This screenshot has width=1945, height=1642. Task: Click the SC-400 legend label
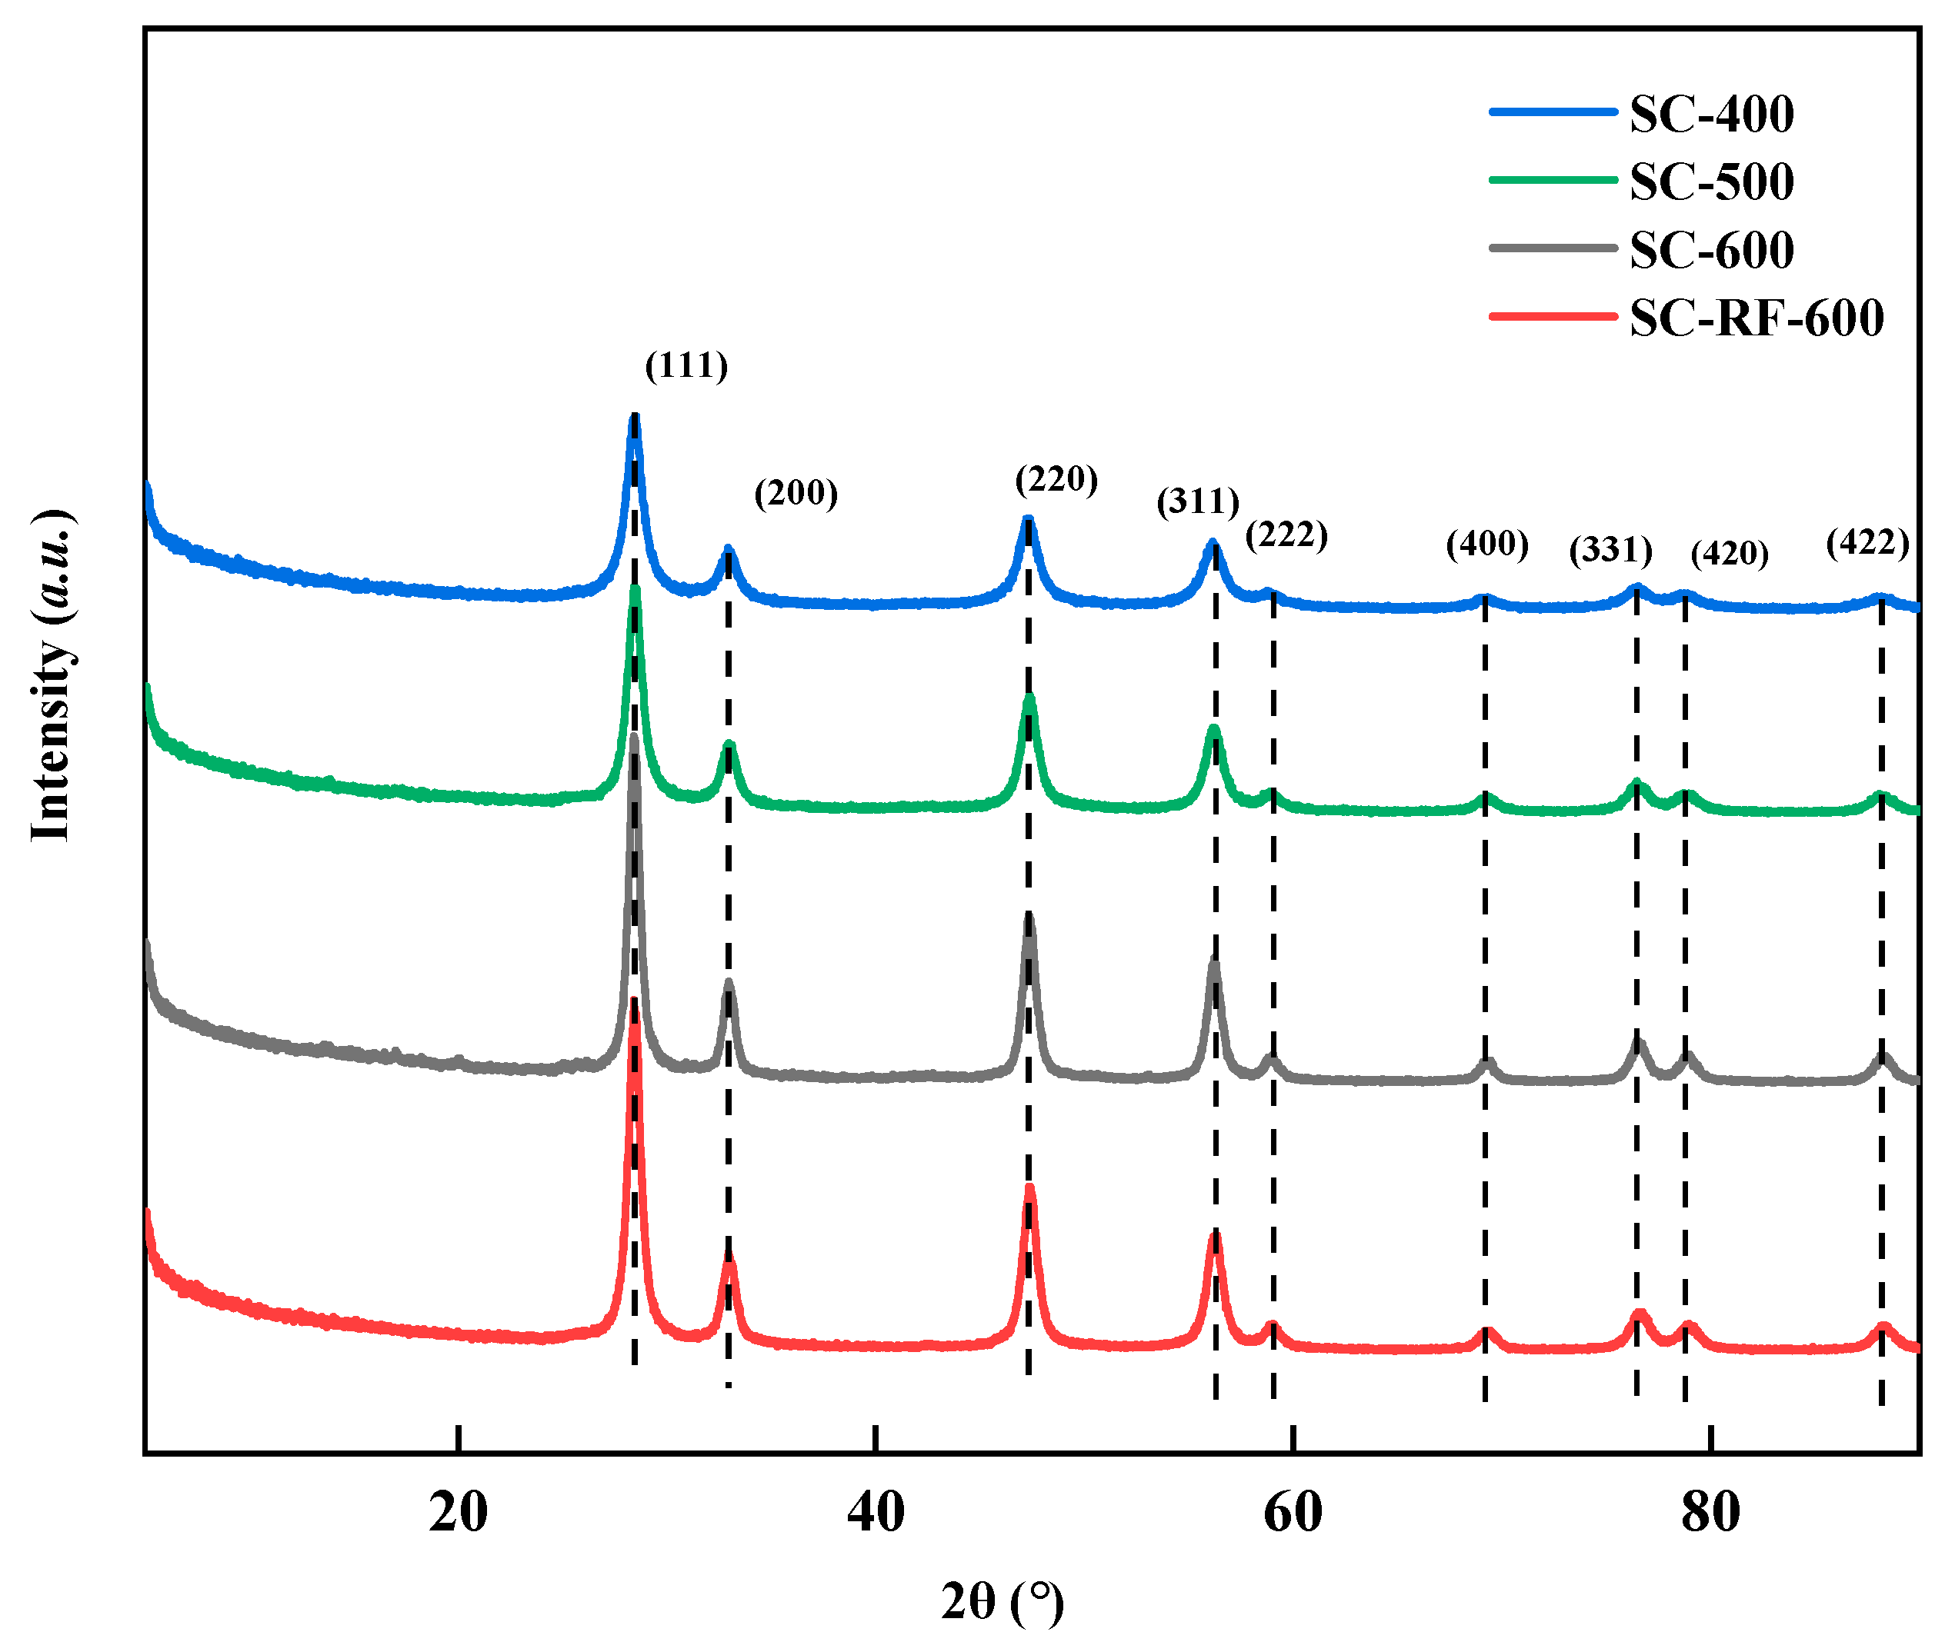[x=1710, y=114]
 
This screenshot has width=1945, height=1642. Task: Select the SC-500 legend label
[x=1710, y=182]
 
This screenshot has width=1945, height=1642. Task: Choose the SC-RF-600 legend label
[x=1755, y=318]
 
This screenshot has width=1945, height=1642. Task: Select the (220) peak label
[x=1056, y=479]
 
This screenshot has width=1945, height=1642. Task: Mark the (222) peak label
[x=1286, y=535]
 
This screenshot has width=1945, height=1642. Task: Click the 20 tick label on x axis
[x=458, y=1513]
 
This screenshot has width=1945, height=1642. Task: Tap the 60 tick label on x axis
[x=1293, y=1513]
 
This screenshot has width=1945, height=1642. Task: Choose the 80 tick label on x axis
[x=1710, y=1513]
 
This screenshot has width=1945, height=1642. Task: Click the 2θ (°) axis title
[x=1002, y=1602]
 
